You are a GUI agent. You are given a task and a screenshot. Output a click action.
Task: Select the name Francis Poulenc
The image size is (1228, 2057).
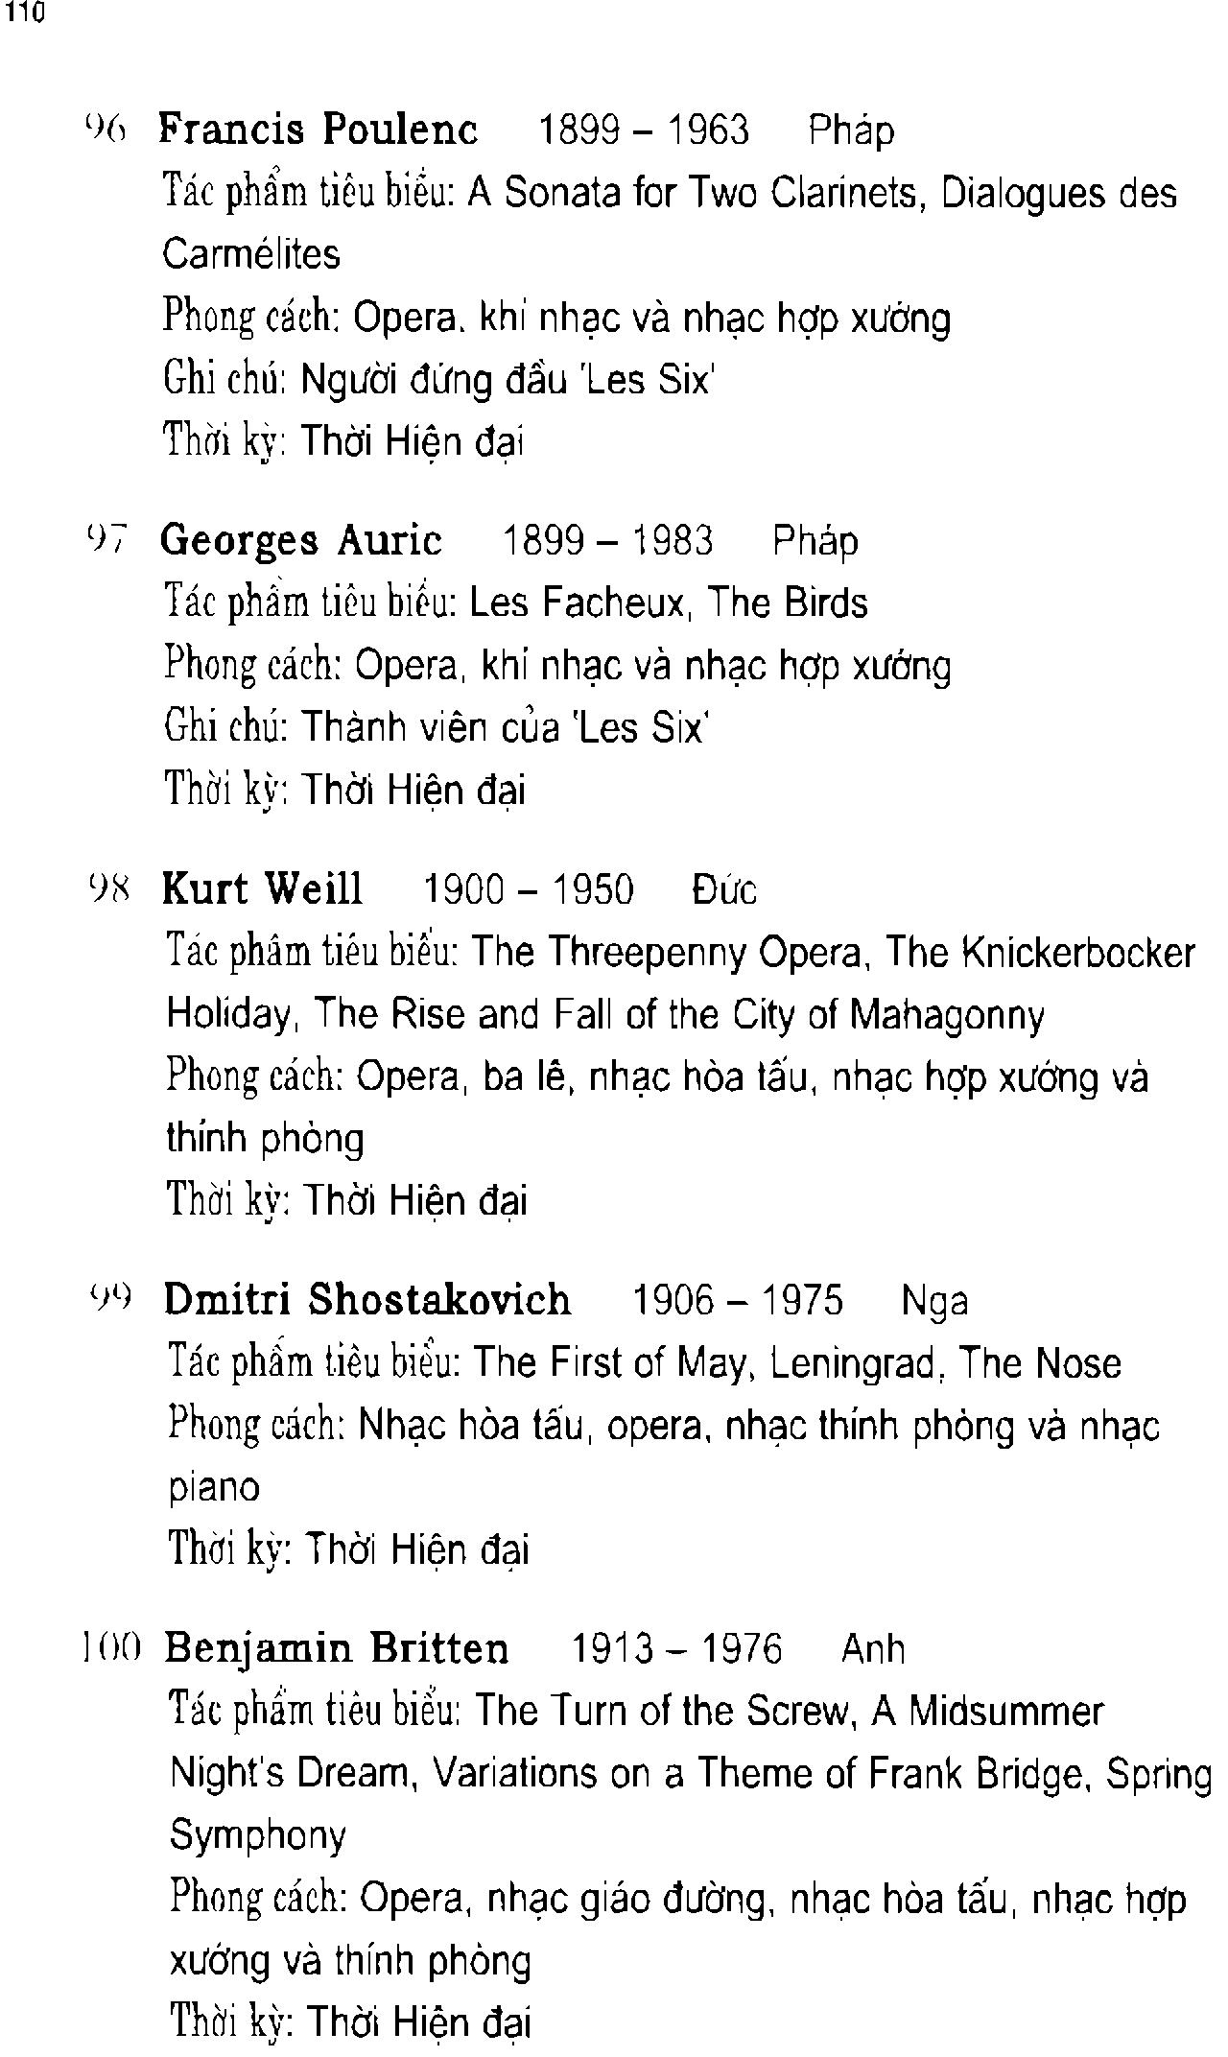click(x=318, y=129)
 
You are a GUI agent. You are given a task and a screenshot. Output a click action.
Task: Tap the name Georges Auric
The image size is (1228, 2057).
click(x=301, y=540)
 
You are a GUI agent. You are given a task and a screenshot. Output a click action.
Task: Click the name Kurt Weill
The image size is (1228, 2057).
click(x=263, y=888)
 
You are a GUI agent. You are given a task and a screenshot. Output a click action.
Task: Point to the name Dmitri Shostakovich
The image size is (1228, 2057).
click(x=367, y=1300)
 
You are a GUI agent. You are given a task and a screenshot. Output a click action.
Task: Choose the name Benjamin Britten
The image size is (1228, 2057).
click(x=337, y=1648)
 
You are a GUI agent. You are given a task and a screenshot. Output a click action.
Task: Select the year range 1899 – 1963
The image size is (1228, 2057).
click(x=644, y=130)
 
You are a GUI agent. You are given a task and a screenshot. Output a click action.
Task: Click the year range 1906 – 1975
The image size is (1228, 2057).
click(x=738, y=1301)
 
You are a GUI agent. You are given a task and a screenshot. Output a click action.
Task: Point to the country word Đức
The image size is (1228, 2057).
click(x=724, y=889)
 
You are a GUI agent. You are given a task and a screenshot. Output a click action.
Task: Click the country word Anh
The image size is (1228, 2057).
click(x=873, y=1649)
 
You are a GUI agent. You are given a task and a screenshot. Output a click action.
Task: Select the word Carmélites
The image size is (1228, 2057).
click(x=251, y=254)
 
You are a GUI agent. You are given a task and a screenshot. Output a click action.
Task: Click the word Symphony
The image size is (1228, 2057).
click(x=258, y=1835)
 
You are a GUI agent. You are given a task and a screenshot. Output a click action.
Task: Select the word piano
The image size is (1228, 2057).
click(x=214, y=1488)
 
